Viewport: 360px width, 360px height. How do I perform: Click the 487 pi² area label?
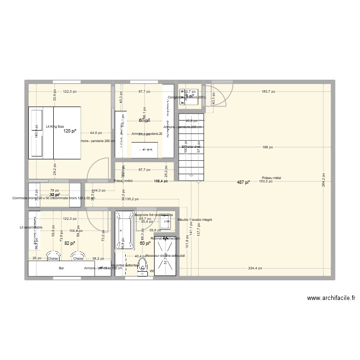[x=243, y=182]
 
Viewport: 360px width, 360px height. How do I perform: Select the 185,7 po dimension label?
[x=269, y=91]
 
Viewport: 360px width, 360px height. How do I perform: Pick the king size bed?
[x=54, y=132]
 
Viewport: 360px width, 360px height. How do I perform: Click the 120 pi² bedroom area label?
[x=71, y=131]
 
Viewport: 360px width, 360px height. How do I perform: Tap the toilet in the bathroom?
[x=143, y=269]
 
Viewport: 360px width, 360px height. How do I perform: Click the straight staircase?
[x=191, y=146]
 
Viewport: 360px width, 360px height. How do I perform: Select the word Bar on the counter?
[x=61, y=269]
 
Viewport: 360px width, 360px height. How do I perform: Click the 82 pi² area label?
[x=70, y=243]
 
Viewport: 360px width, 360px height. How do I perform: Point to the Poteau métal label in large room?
[x=272, y=178]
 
